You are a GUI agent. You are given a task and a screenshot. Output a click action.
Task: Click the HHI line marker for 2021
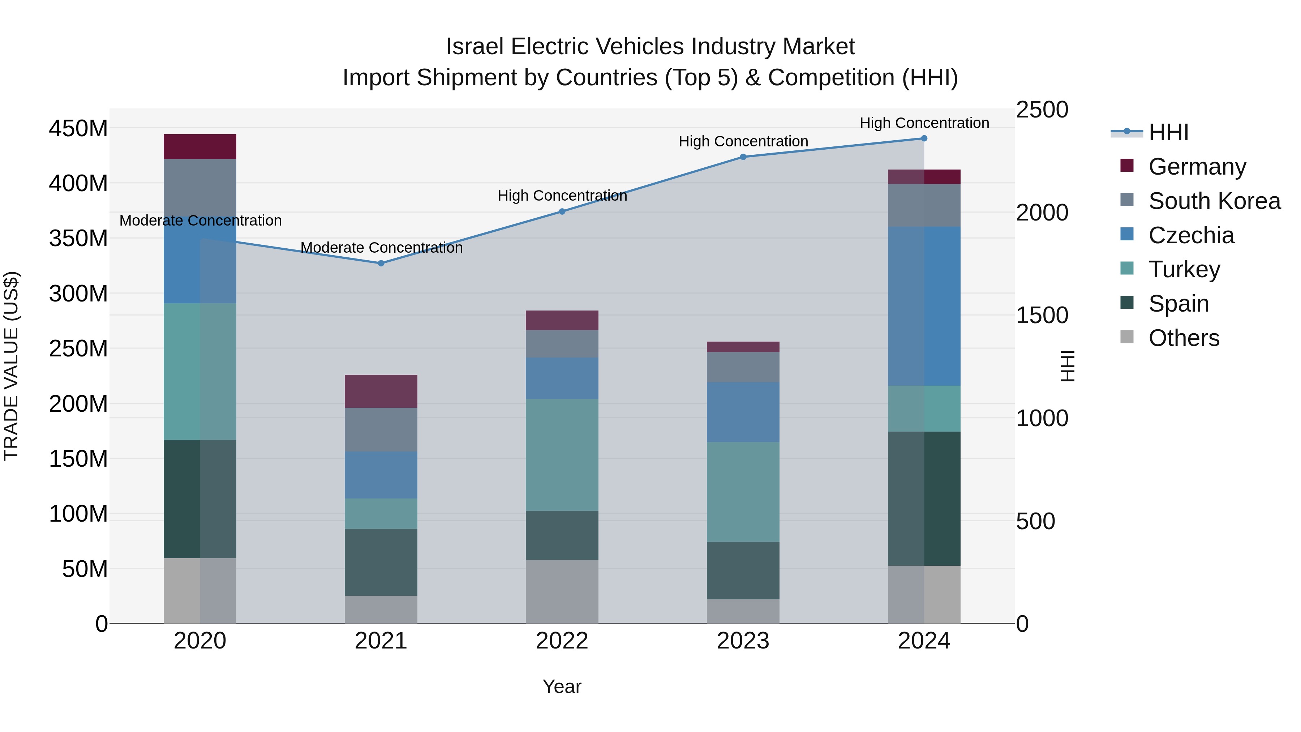(x=381, y=263)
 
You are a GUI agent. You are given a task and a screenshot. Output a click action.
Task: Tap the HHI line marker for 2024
(x=924, y=138)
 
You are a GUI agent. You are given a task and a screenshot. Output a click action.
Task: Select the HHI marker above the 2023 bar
(x=743, y=157)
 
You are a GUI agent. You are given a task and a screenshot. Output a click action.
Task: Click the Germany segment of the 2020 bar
(x=200, y=146)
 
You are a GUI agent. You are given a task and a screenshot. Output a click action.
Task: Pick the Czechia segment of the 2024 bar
(x=924, y=306)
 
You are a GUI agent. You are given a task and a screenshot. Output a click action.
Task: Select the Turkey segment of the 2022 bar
(x=562, y=455)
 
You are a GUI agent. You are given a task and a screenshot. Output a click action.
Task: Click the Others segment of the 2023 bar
(x=743, y=611)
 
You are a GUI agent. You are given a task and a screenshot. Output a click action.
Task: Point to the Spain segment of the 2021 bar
(x=381, y=562)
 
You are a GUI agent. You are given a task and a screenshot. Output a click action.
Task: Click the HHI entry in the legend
(x=1168, y=132)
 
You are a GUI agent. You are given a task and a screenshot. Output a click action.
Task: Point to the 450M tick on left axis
(x=78, y=128)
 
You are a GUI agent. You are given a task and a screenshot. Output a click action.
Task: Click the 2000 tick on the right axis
(x=1042, y=213)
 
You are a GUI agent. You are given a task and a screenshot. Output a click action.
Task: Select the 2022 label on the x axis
(x=562, y=641)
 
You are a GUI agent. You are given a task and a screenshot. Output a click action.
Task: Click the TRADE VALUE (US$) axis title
(x=11, y=366)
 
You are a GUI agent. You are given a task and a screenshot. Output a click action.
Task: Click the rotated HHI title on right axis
(x=1068, y=366)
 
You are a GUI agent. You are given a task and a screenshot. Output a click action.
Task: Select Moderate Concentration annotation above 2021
(x=381, y=248)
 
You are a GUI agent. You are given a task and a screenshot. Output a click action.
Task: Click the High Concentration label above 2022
(x=562, y=196)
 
